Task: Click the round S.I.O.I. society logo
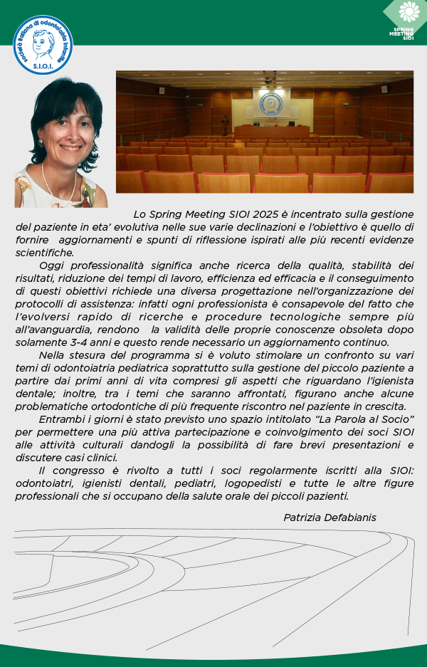[43, 44]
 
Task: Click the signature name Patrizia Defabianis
[330, 517]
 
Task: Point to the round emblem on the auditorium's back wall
[270, 104]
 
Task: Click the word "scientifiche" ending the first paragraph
[44, 252]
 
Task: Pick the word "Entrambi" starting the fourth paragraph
[60, 419]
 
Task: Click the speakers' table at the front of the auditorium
[271, 131]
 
